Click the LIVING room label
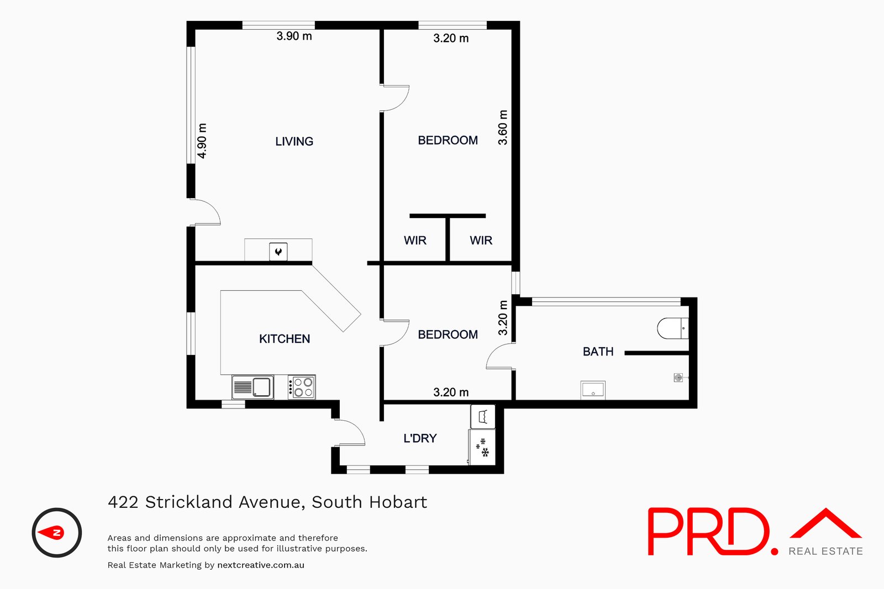294,141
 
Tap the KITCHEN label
284,339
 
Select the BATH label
598,352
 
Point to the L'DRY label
420,438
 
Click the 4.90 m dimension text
202,141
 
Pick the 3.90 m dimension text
294,36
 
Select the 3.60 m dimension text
503,128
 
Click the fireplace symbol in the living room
278,252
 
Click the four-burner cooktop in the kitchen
302,387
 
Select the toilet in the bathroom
672,328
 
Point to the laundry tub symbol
482,417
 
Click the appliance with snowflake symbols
482,448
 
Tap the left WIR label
415,241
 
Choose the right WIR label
481,241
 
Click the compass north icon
56,533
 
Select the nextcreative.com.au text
261,565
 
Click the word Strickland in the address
188,502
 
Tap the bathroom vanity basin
593,390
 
